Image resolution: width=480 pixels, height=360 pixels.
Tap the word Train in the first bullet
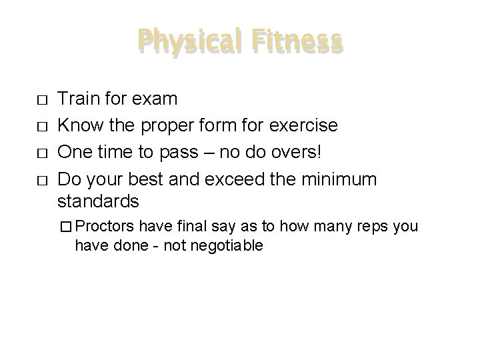[x=77, y=99]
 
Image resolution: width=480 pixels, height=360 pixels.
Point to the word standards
[x=98, y=201]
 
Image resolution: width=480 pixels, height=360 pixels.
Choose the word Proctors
[x=103, y=227]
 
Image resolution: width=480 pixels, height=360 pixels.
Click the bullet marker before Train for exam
[x=42, y=101]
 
